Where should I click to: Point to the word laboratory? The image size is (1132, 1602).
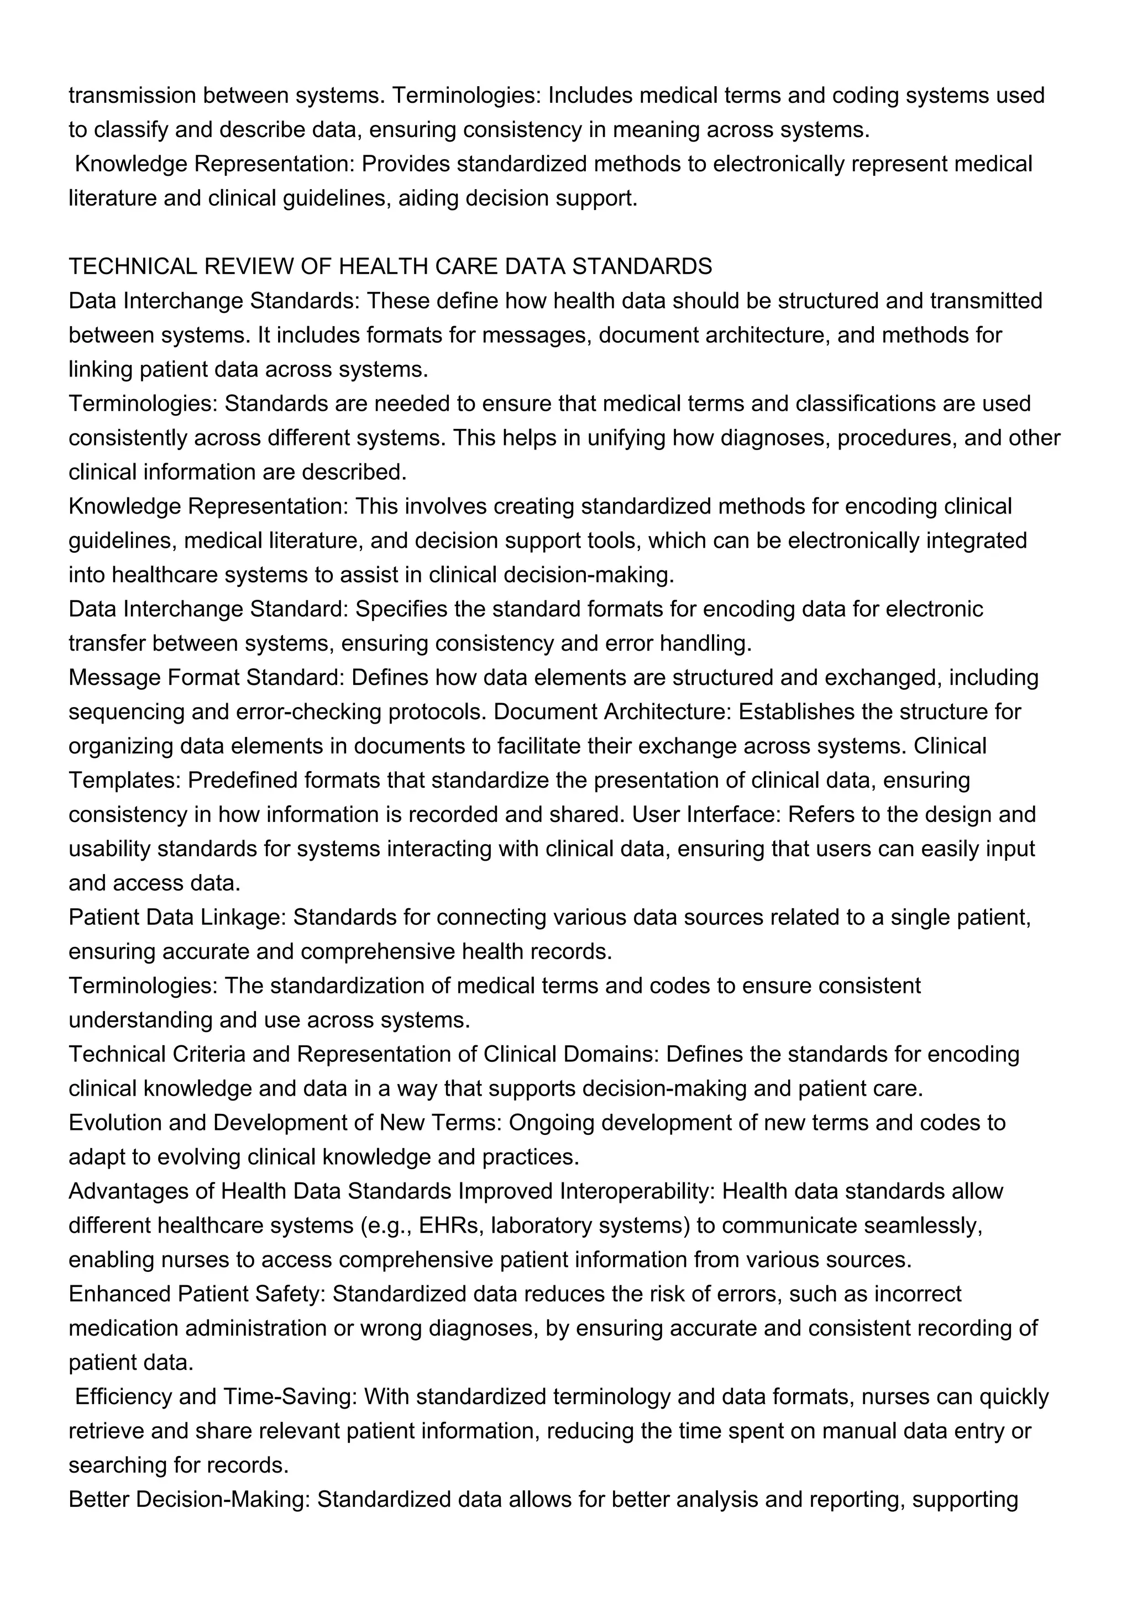pyautogui.click(x=543, y=1225)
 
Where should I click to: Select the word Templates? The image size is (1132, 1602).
pyautogui.click(x=125, y=780)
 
